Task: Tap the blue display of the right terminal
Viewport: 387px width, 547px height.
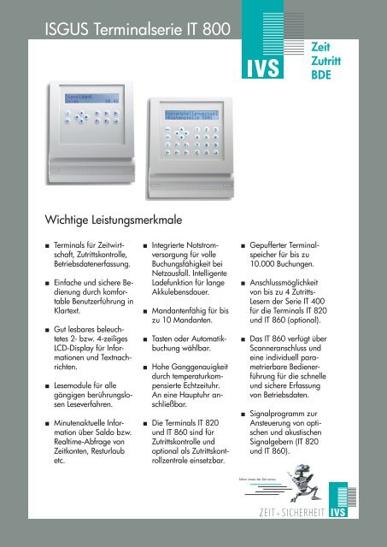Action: pyautogui.click(x=199, y=113)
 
